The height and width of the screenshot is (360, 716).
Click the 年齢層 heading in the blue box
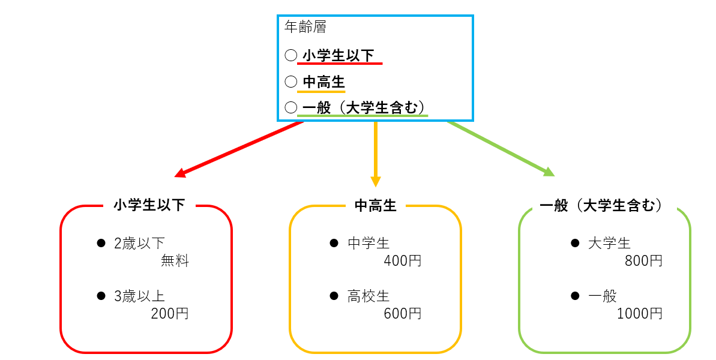(x=304, y=27)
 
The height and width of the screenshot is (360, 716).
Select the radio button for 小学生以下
(x=290, y=55)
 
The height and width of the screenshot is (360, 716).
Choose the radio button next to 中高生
(x=290, y=81)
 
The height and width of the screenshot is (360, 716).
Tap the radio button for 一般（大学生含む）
(x=290, y=107)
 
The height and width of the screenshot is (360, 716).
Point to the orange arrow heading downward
(x=376, y=153)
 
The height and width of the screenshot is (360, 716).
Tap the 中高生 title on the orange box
(x=376, y=206)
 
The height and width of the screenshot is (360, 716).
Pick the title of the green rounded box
(x=604, y=206)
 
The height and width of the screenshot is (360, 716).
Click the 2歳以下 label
(x=139, y=243)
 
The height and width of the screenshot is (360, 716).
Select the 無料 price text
(x=175, y=261)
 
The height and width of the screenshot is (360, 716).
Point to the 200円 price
(x=170, y=314)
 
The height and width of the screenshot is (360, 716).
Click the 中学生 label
(x=369, y=243)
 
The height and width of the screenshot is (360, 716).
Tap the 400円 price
(x=403, y=261)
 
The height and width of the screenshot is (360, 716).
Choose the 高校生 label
(x=369, y=296)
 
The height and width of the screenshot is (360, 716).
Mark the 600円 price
(x=403, y=314)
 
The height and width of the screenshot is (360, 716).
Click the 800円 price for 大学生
(x=643, y=261)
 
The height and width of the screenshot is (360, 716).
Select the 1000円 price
(x=640, y=314)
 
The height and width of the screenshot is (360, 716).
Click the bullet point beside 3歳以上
(x=101, y=296)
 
